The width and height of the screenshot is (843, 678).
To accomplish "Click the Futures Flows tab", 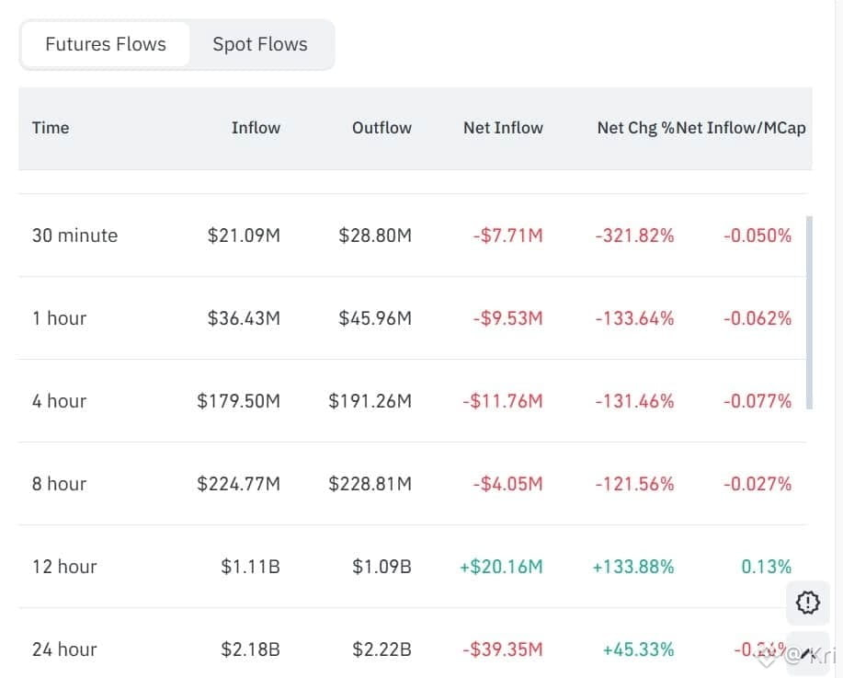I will [106, 44].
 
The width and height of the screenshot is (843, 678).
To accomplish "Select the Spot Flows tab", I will [260, 44].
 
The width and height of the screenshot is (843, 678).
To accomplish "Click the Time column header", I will [51, 128].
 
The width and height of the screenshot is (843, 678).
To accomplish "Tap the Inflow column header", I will [256, 128].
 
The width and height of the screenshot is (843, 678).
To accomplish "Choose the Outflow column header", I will [382, 128].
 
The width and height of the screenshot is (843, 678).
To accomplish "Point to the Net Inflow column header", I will [503, 128].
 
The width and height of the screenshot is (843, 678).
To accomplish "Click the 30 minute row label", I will [74, 236].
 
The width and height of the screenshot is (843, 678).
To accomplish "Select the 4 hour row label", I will [59, 401].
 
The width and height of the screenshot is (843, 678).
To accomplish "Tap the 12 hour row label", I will [64, 567].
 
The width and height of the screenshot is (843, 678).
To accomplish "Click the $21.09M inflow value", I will [244, 236].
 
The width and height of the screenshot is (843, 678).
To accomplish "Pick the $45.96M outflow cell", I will [375, 318].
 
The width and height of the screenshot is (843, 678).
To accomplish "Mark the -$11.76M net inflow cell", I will [507, 401].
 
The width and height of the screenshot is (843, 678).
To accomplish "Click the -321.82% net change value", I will [634, 236].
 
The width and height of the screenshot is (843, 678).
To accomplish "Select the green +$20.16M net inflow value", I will [501, 567].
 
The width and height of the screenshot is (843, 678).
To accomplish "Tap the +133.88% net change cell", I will [633, 567].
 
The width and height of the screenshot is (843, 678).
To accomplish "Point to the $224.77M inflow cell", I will [238, 484].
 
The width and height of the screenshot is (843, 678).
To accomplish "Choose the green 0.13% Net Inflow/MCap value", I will [766, 567].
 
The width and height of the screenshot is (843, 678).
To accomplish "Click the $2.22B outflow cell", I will [382, 649].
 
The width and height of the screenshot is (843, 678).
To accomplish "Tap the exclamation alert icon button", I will [807, 603].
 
